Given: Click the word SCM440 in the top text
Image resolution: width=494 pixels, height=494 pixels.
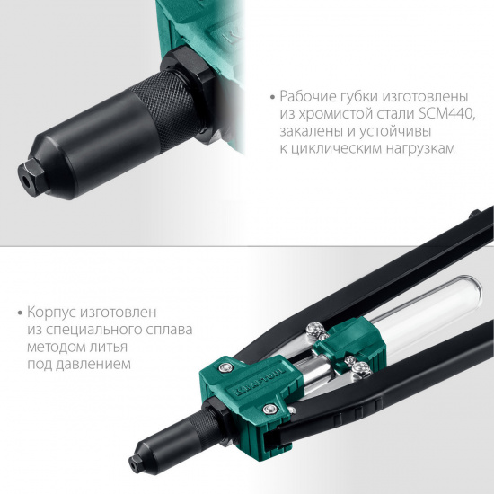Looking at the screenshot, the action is (x=445, y=114).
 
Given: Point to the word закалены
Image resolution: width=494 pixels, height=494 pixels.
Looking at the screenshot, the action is (x=311, y=131).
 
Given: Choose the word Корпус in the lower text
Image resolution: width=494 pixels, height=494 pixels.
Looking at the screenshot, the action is (x=51, y=313).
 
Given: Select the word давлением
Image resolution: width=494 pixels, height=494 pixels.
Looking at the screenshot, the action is (x=93, y=364).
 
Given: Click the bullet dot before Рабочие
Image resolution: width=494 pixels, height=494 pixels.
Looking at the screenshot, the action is (x=273, y=97).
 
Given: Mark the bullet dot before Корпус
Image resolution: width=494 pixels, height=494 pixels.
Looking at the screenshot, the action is (x=21, y=313).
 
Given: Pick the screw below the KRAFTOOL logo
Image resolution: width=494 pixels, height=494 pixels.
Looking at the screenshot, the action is (x=270, y=410).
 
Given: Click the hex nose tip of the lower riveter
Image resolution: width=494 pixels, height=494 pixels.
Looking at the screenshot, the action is (x=137, y=463).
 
